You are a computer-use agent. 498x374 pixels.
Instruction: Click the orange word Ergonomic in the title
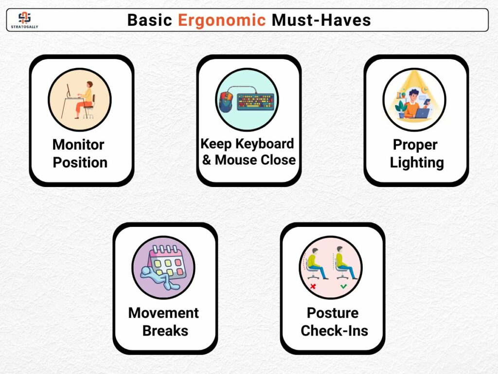point(221,20)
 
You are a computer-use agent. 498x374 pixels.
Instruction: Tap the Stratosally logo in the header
point(24,20)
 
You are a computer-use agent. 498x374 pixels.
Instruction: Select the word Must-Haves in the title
point(321,20)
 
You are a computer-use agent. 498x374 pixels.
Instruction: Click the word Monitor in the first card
point(78,145)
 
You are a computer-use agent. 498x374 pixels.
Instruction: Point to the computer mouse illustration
point(225,102)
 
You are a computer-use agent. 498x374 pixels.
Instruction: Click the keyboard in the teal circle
point(256,101)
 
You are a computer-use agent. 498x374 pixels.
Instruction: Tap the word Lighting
point(417,163)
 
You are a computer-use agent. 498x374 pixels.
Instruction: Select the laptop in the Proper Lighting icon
point(422,113)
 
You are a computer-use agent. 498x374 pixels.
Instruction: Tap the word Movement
point(163,313)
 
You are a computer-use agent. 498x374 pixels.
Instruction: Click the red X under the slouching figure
point(313,286)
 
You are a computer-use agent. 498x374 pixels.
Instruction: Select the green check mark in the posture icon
point(343,286)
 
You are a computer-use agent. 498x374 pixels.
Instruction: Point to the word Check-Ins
point(335,331)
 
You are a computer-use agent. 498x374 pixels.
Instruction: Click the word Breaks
point(165,331)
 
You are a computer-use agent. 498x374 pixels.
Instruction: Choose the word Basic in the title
point(150,20)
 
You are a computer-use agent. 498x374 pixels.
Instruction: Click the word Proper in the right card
point(415,145)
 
